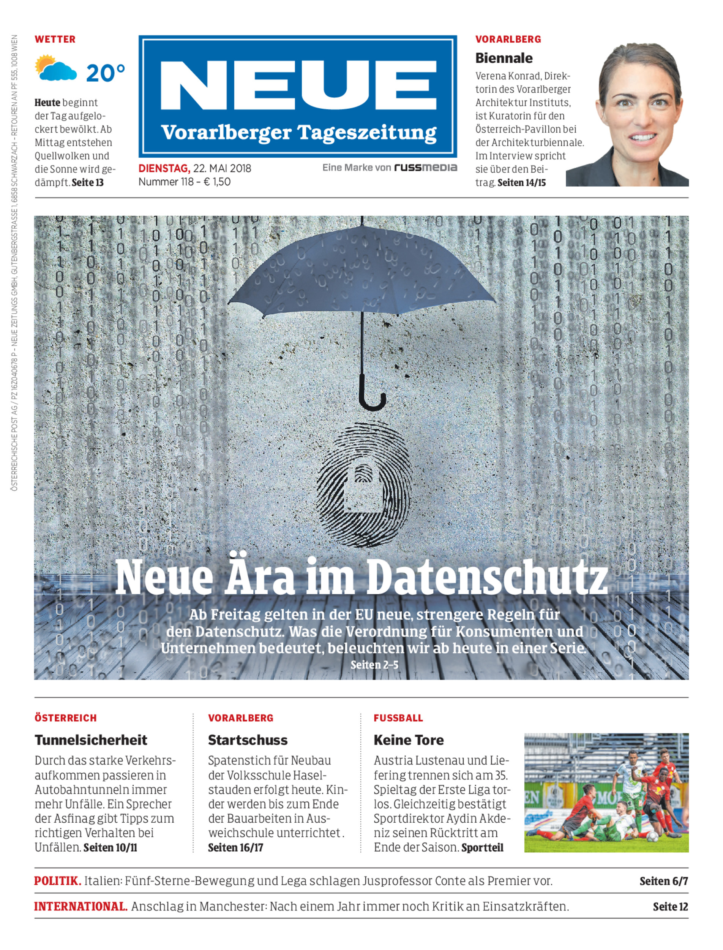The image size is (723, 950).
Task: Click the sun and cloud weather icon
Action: click(55, 68)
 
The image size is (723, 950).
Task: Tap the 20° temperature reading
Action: click(106, 73)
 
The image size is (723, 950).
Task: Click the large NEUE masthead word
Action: click(298, 86)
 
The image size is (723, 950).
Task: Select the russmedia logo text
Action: click(425, 168)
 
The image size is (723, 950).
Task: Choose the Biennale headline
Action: click(504, 58)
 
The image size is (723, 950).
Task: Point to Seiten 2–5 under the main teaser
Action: click(374, 665)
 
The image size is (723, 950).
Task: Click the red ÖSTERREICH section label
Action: click(65, 718)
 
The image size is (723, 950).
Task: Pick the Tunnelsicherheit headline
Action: click(91, 740)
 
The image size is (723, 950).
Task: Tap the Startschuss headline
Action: click(248, 740)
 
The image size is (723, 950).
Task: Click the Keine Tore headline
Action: click(409, 740)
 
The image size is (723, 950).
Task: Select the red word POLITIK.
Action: click(57, 881)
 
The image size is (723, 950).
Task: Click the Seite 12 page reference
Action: click(670, 907)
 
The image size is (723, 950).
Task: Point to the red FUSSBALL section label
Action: click(398, 718)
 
